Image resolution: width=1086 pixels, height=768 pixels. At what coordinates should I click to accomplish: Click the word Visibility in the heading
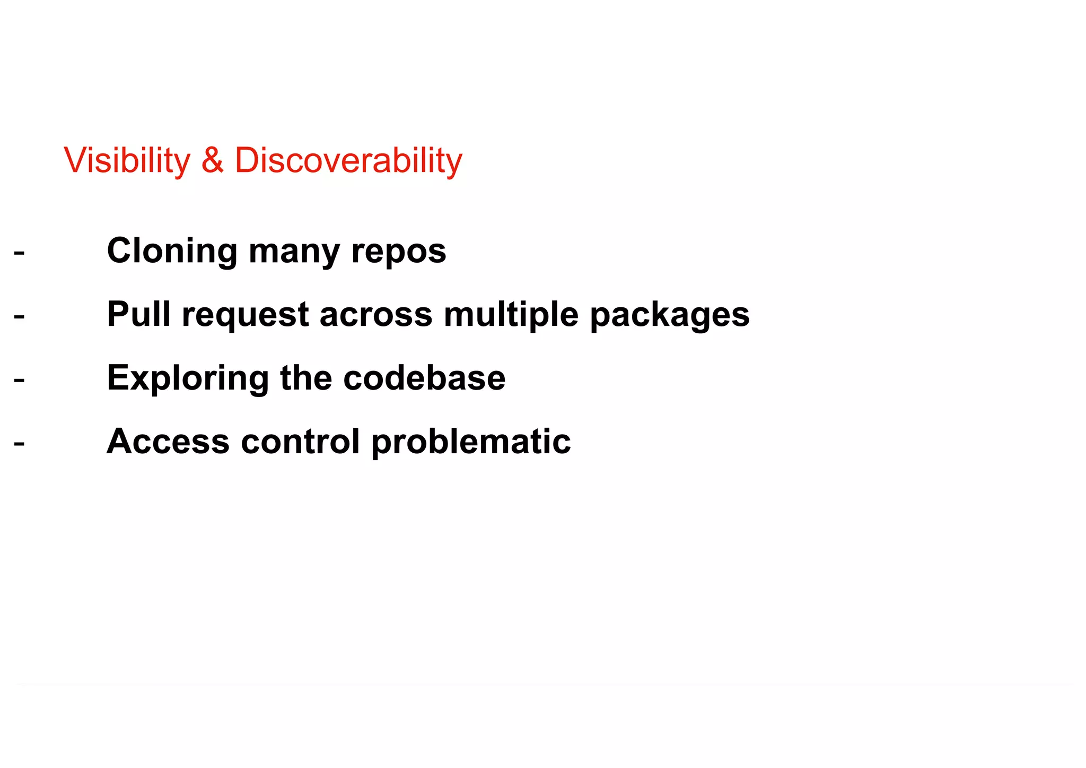pyautogui.click(x=127, y=160)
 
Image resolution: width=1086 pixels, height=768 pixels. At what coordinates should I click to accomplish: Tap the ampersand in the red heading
pyautogui.click(x=212, y=160)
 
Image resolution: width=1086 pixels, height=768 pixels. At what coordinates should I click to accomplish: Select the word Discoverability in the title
pyautogui.click(x=348, y=160)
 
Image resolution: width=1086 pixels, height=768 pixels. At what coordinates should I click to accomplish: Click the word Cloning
pyautogui.click(x=172, y=251)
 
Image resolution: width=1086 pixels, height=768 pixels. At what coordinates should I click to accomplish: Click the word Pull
pyautogui.click(x=138, y=314)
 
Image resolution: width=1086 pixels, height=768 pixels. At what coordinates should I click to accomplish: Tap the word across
pyautogui.click(x=376, y=315)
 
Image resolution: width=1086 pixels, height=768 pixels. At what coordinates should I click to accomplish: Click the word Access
pyautogui.click(x=168, y=442)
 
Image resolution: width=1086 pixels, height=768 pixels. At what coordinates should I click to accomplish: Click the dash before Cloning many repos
pyautogui.click(x=19, y=252)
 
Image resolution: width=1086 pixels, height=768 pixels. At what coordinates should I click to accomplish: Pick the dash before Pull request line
pyautogui.click(x=19, y=316)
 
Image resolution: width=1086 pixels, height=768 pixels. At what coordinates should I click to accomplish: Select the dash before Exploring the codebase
pyautogui.click(x=19, y=379)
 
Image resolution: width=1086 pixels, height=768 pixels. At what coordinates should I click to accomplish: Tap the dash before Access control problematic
pyautogui.click(x=19, y=443)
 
